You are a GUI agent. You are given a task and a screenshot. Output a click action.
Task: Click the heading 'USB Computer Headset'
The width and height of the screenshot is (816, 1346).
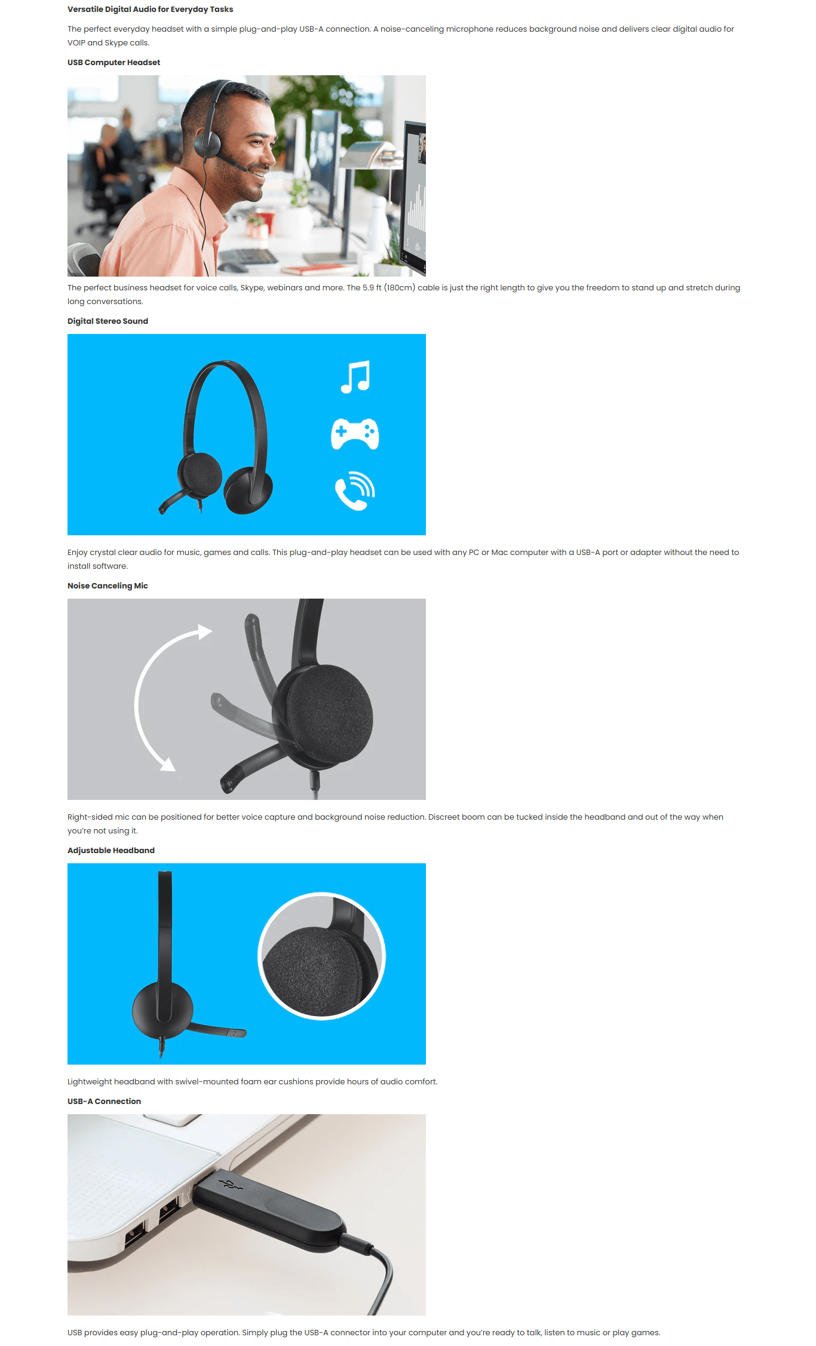coord(113,62)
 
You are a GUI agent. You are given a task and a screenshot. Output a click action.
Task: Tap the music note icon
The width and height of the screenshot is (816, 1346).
coord(355,377)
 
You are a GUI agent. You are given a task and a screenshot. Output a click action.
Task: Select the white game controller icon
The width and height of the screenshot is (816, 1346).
coord(355,434)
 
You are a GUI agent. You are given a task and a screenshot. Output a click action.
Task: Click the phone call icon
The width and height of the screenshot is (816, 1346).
coord(355,490)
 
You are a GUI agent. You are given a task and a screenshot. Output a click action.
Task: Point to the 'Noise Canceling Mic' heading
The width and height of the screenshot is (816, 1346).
coord(108,585)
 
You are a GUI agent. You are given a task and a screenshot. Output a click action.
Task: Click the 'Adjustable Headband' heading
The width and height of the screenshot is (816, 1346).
coord(111,850)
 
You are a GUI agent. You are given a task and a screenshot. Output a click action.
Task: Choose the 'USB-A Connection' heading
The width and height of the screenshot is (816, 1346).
coord(104,1101)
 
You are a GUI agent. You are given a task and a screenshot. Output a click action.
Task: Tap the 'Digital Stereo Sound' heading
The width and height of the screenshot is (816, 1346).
coord(108,321)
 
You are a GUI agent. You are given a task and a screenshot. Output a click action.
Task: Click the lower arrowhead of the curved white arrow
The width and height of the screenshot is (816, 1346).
coord(168,764)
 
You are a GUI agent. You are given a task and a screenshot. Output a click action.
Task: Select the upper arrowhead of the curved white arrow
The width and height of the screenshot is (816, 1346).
coord(205,631)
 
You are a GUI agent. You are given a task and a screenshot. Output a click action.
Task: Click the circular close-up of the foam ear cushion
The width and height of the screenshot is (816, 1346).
coord(321,956)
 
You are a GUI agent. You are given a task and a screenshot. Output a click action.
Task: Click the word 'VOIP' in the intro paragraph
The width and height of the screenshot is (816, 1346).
coord(76,42)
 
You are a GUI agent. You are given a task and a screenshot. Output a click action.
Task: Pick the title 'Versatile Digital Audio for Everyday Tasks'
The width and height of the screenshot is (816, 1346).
coord(151,9)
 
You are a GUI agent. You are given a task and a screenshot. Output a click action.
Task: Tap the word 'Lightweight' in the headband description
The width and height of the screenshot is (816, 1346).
coord(90,1081)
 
